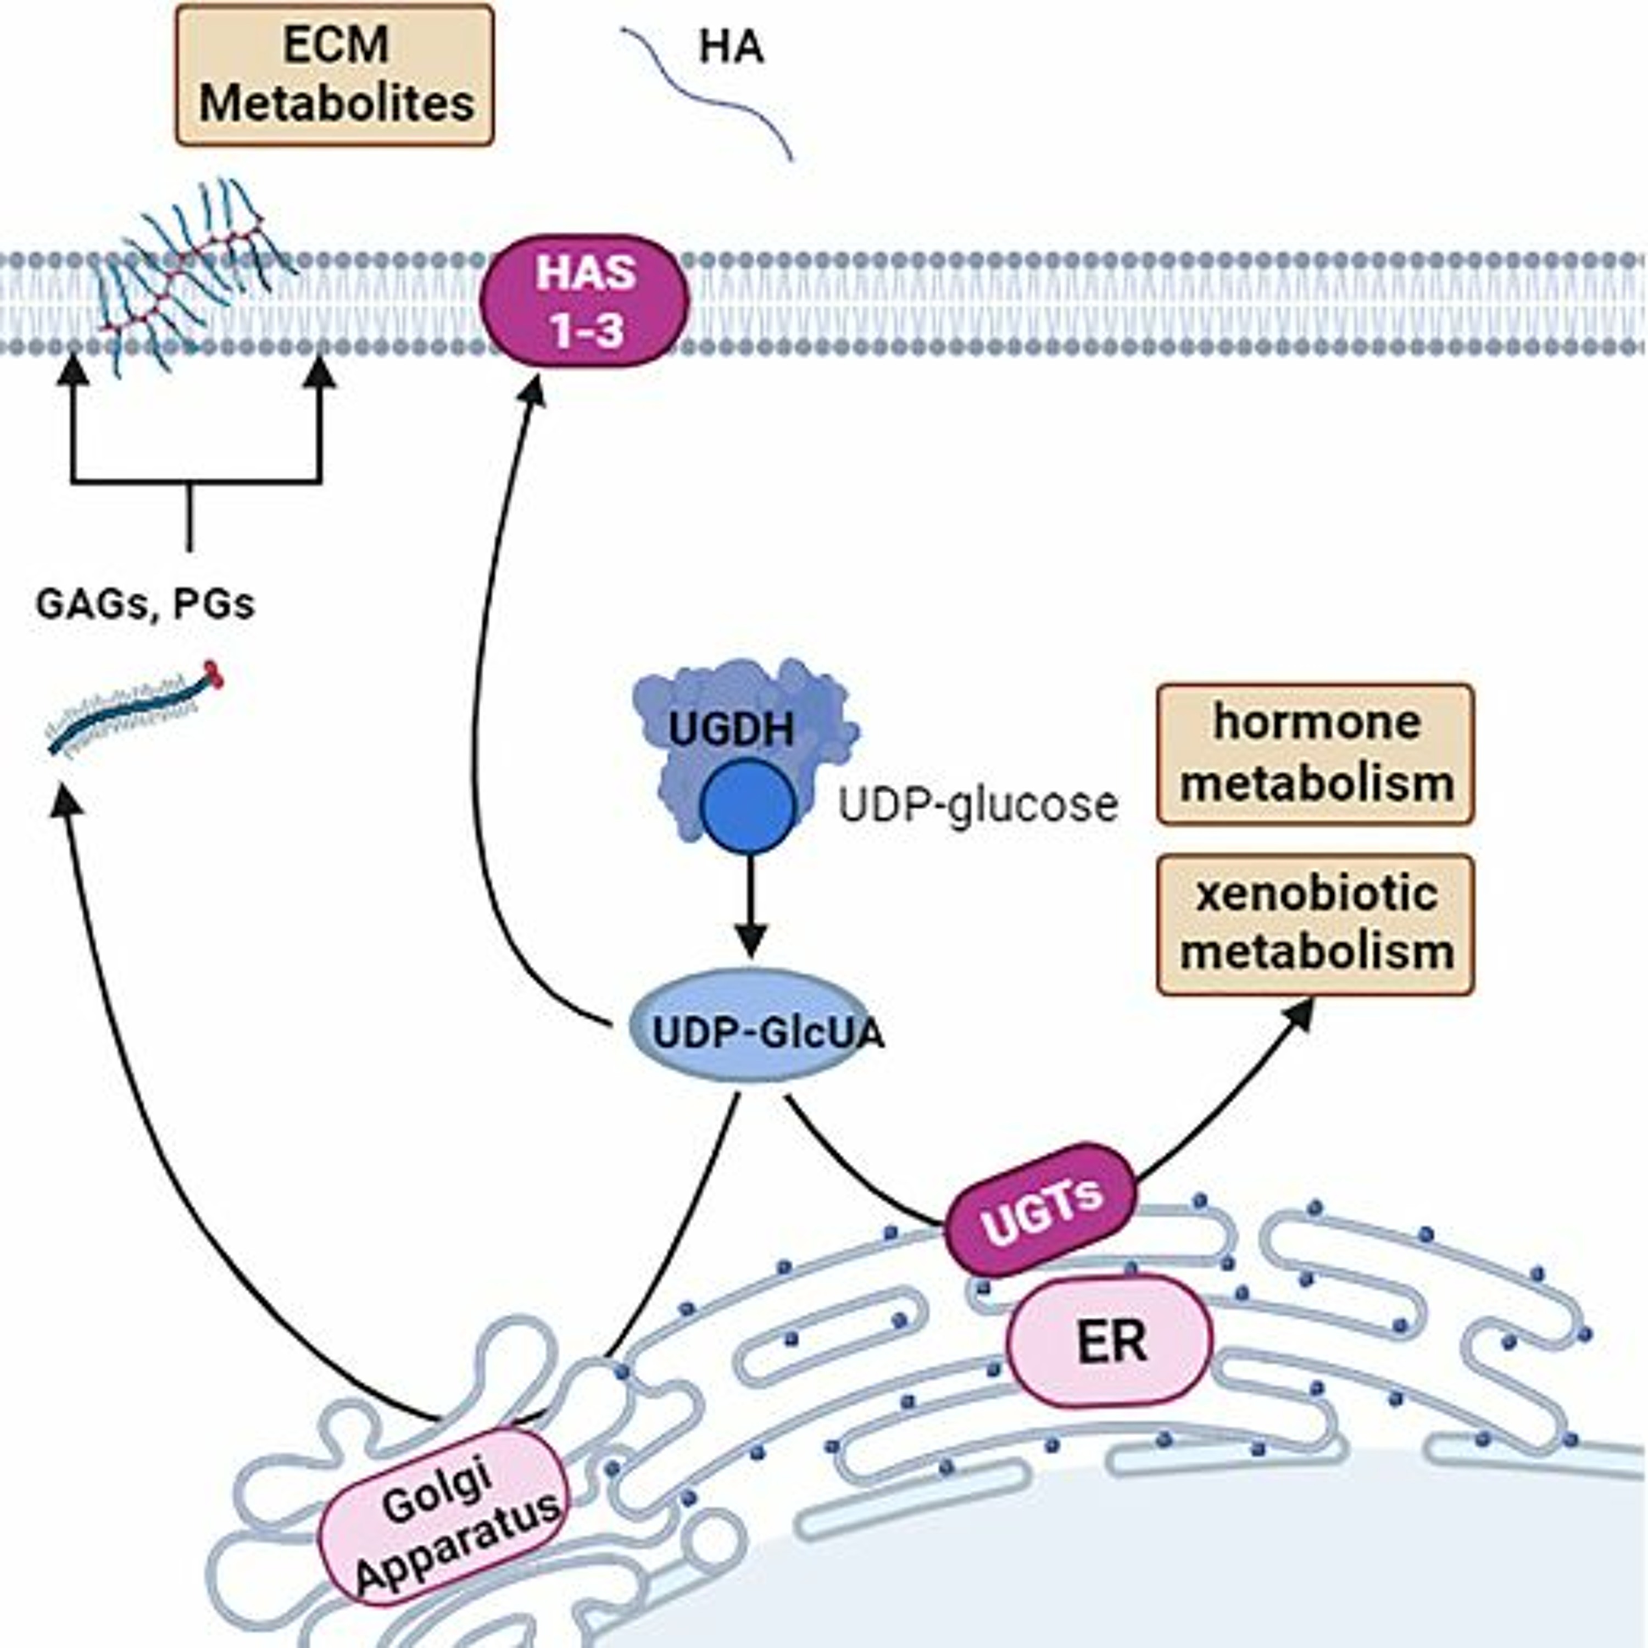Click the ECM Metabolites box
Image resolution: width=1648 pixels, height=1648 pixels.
pos(335,75)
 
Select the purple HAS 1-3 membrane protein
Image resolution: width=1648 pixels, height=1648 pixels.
pos(585,301)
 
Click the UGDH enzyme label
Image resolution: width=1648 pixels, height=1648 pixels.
pos(731,730)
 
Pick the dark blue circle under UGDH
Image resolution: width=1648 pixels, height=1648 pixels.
pos(748,806)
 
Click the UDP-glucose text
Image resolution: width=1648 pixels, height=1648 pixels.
pos(978,804)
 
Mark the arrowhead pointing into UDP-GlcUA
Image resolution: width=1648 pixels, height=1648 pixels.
pos(750,943)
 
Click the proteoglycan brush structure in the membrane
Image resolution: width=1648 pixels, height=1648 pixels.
pos(192,273)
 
